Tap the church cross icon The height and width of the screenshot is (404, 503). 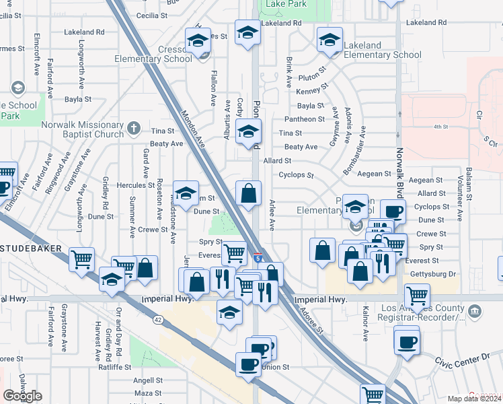click(x=134, y=127)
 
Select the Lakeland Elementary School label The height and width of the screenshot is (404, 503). click(x=382, y=50)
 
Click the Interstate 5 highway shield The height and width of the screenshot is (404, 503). click(x=258, y=258)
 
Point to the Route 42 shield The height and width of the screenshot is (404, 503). click(x=157, y=320)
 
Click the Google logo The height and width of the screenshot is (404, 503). click(x=22, y=396)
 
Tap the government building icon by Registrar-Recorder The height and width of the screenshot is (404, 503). click(x=475, y=311)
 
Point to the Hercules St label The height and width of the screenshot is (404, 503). click(x=132, y=185)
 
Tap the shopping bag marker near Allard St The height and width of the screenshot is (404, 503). click(x=249, y=193)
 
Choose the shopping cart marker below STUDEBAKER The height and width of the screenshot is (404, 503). click(x=81, y=259)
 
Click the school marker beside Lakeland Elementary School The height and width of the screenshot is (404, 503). click(x=330, y=40)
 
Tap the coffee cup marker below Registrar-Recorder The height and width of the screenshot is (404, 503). click(x=406, y=340)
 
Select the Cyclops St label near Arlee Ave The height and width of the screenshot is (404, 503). click(x=297, y=175)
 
